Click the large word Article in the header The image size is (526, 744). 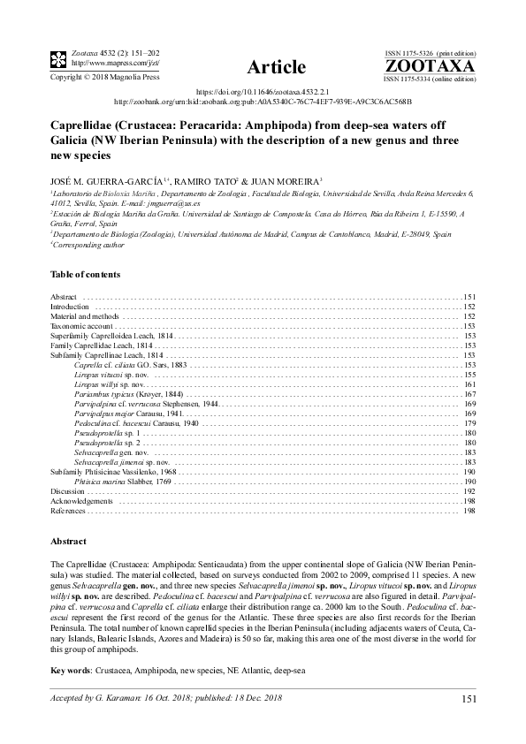(277, 67)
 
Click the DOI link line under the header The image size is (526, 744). (263, 90)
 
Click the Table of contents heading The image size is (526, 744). (86, 275)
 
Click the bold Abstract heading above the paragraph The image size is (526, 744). (69, 541)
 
